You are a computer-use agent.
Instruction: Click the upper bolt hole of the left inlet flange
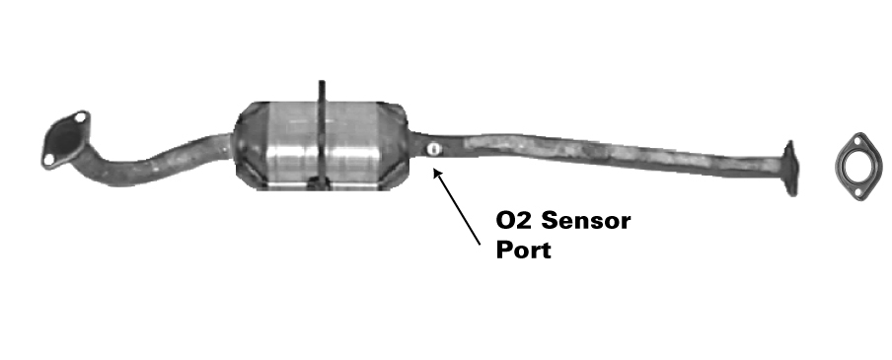coord(81,117)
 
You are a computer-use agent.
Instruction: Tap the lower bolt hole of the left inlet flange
coord(49,159)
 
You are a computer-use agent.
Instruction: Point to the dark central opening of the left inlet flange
coord(65,139)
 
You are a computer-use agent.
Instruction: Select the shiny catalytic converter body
coord(322,146)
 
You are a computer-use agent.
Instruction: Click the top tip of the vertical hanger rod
coord(322,83)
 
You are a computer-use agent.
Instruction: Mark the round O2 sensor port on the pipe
coord(433,150)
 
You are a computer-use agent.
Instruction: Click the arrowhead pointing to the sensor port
coord(437,173)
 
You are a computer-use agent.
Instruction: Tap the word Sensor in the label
coord(586,220)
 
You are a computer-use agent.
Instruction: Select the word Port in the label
coord(523,250)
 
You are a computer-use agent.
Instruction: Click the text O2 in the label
coord(515,220)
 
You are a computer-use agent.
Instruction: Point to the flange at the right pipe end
coord(790,169)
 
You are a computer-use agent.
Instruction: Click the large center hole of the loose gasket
coord(859,166)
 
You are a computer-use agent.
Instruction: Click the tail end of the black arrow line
coord(480,245)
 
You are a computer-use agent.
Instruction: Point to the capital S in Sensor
coord(549,220)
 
